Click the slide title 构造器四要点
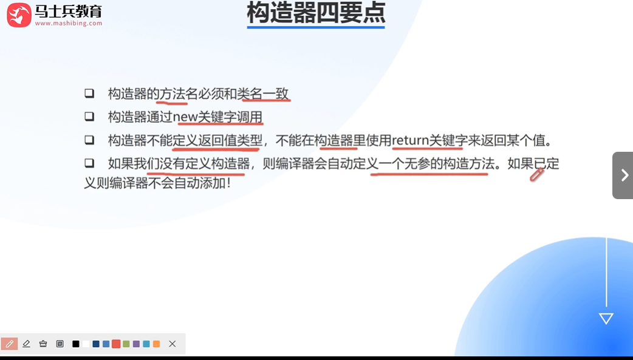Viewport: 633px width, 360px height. coord(315,13)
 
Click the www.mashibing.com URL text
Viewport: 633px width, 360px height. coord(69,24)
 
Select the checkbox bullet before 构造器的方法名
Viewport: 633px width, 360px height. coord(89,93)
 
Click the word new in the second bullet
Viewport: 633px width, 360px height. coord(186,117)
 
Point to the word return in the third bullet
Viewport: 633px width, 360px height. coord(411,141)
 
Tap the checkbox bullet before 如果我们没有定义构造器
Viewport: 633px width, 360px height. coord(89,163)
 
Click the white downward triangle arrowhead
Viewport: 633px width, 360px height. coord(606,319)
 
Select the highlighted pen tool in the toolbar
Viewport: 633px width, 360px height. coord(9,344)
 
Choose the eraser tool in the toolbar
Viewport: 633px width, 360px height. coord(26,344)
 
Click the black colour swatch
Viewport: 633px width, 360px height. coord(76,344)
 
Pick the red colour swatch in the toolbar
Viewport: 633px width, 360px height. coord(116,344)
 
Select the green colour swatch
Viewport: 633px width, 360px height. coord(126,344)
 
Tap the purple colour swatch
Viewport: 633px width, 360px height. coord(136,344)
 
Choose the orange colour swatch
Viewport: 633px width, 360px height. coord(156,344)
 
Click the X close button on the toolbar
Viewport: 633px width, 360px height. coord(173,344)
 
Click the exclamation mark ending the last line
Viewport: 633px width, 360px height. coord(228,182)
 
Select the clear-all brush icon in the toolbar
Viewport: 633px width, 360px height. coord(43,344)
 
